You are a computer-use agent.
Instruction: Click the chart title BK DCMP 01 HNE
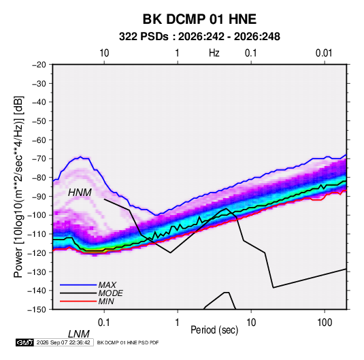199,19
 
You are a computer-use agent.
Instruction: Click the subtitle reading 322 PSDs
144,37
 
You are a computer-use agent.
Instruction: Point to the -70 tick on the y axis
39,159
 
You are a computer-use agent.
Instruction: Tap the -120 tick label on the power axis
37,252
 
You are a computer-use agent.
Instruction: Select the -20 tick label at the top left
39,65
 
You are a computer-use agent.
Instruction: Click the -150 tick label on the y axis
37,310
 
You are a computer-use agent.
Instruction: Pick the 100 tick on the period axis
325,323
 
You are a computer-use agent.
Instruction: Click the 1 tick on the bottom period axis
178,323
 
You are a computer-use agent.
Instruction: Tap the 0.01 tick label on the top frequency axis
324,53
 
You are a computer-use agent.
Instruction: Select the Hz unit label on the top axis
214,53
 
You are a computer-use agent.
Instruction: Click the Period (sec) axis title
214,330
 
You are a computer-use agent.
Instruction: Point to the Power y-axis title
18,186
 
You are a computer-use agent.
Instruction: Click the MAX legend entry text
107,285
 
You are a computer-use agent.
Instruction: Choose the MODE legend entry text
110,293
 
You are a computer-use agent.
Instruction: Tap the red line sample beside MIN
78,301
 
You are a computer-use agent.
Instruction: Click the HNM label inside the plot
80,193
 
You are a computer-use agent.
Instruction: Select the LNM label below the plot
78,334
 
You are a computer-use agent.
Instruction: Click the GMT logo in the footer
25,342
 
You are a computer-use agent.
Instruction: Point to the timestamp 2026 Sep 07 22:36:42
63,342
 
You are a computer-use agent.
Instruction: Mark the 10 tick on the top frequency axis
104,53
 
